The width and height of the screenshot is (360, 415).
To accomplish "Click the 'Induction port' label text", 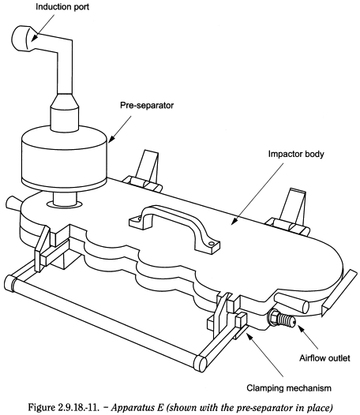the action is pos(62,7).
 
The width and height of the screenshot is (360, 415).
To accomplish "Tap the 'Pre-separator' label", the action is pos(147,106).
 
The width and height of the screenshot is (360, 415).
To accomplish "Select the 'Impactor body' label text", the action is pos(296,154).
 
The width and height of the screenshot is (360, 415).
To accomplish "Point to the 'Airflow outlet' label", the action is pos(324,358).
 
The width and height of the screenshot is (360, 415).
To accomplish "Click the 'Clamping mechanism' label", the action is pos(289,388).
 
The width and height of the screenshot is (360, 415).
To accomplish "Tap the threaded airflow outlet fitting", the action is pos(281,317).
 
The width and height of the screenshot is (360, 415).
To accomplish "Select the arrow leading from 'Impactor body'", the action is pos(257,194).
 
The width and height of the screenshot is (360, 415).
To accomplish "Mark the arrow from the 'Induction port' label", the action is pos(43,28).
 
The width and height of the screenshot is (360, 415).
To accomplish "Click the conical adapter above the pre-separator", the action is pos(65,100).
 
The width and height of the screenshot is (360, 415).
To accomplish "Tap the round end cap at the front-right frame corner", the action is pos(200,363).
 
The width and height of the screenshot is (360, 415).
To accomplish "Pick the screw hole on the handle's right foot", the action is pos(211,243).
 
